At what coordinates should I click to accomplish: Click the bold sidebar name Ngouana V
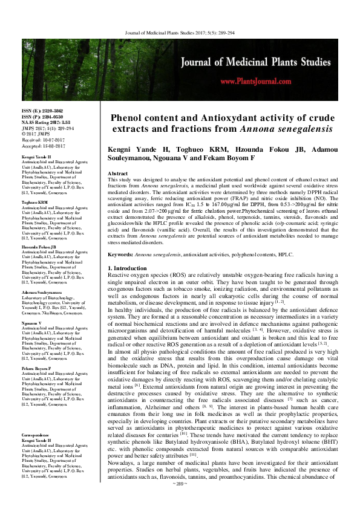click(32, 323)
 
